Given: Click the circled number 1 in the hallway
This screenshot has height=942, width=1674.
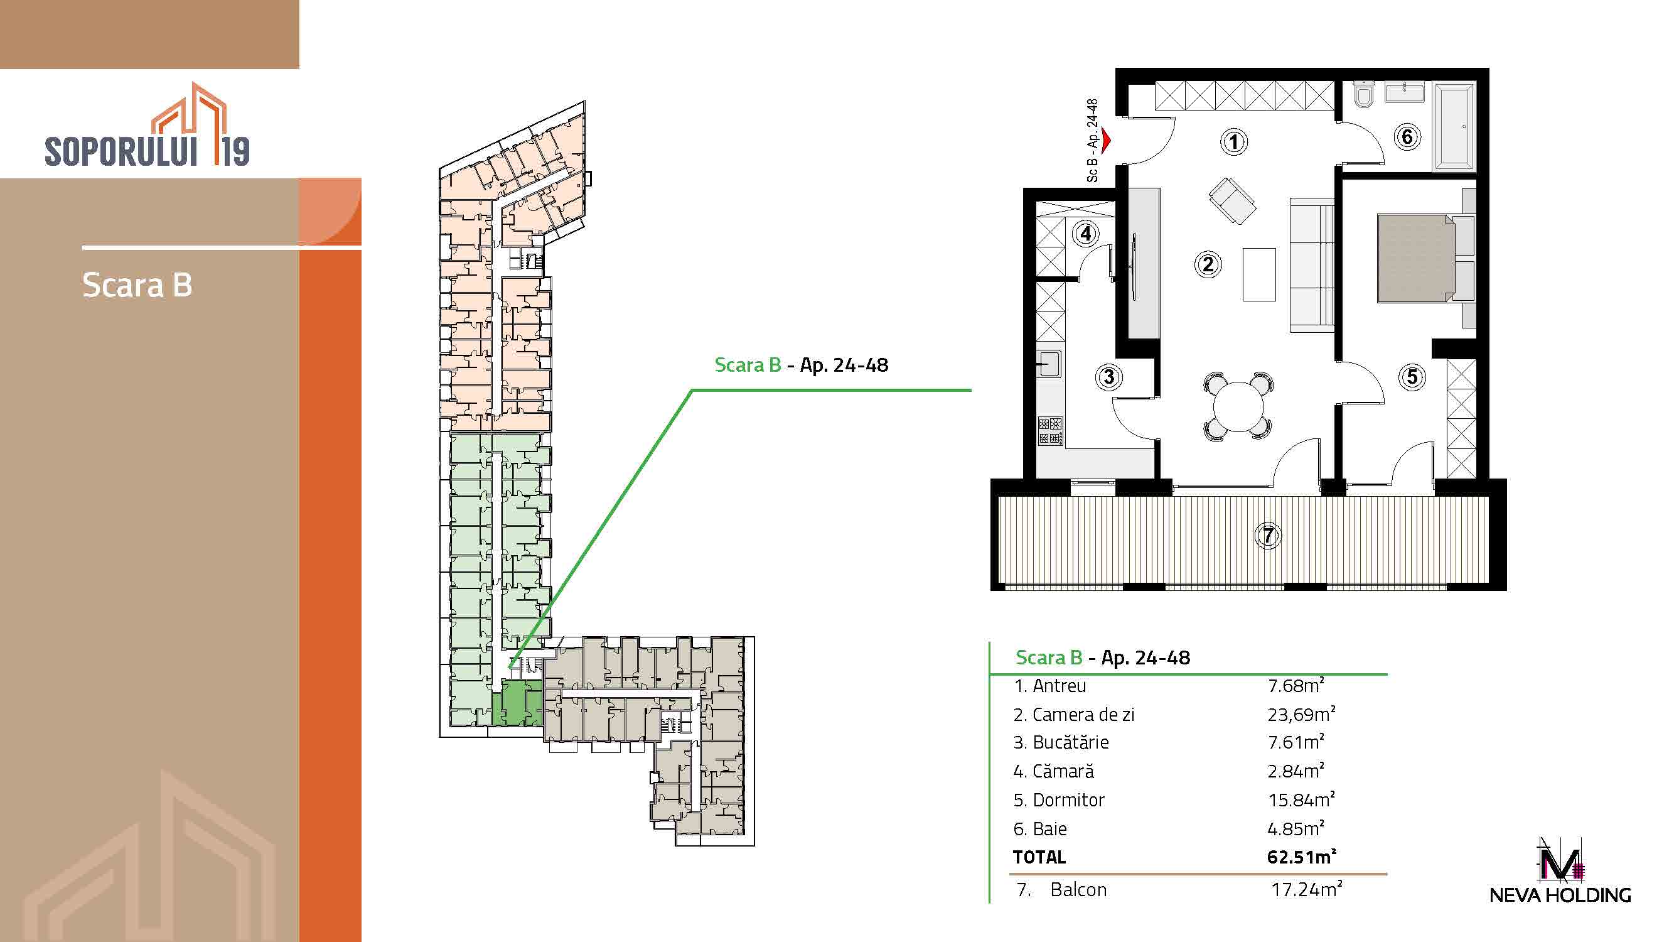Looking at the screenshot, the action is (1234, 142).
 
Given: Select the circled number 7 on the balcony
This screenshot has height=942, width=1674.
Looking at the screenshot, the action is (1268, 536).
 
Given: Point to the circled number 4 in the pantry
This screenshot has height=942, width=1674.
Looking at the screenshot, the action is (1086, 234).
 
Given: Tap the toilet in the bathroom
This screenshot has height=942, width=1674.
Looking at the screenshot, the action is (1363, 95).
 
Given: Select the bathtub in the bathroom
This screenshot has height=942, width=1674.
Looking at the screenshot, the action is (1454, 127).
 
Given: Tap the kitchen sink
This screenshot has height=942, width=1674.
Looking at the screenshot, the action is (1049, 363).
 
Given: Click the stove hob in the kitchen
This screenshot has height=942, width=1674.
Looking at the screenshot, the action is (1050, 430).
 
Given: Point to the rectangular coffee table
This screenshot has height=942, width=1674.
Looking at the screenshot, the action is (1258, 274).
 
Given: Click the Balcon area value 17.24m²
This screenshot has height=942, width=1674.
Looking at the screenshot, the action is (1306, 889).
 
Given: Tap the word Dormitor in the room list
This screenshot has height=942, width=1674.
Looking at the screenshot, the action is (1068, 799).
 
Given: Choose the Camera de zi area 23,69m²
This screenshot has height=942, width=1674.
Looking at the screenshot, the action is (1301, 715).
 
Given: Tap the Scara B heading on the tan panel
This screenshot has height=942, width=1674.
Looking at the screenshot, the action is (137, 284).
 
